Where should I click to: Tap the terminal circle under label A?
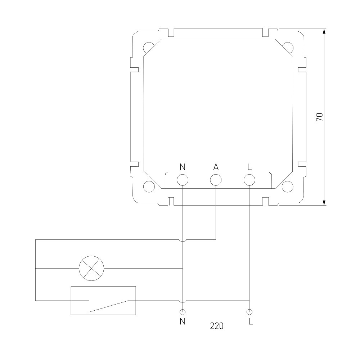(216, 180)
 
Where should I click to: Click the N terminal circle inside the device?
(183, 180)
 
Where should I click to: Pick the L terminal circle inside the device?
(249, 180)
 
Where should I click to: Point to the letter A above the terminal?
(216, 167)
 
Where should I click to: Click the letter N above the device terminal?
(183, 167)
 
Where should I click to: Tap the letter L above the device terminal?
(249, 167)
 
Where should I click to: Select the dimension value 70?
(320, 117)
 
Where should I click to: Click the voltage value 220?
(217, 326)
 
